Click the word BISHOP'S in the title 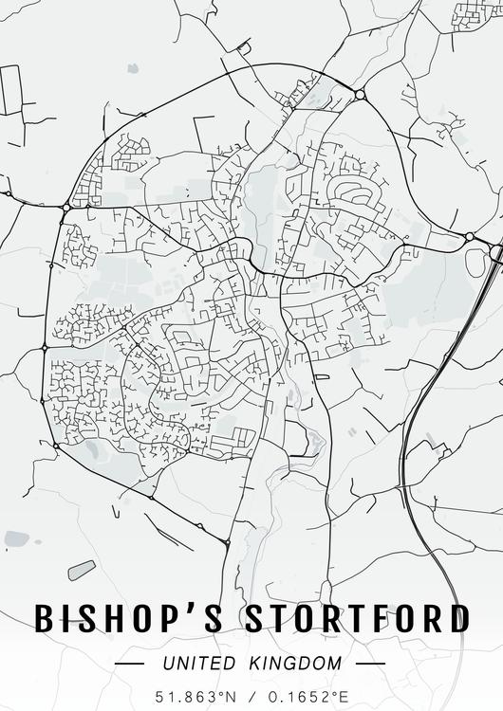click(x=130, y=618)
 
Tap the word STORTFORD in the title click(x=358, y=618)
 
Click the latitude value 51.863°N click(x=197, y=696)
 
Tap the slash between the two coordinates click(x=251, y=696)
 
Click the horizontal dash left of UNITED click(x=129, y=664)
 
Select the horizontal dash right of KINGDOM click(x=371, y=664)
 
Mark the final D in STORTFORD click(x=457, y=618)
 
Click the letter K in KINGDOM click(x=250, y=664)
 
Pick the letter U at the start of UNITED click(x=168, y=664)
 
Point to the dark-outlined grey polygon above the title click(x=82, y=570)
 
